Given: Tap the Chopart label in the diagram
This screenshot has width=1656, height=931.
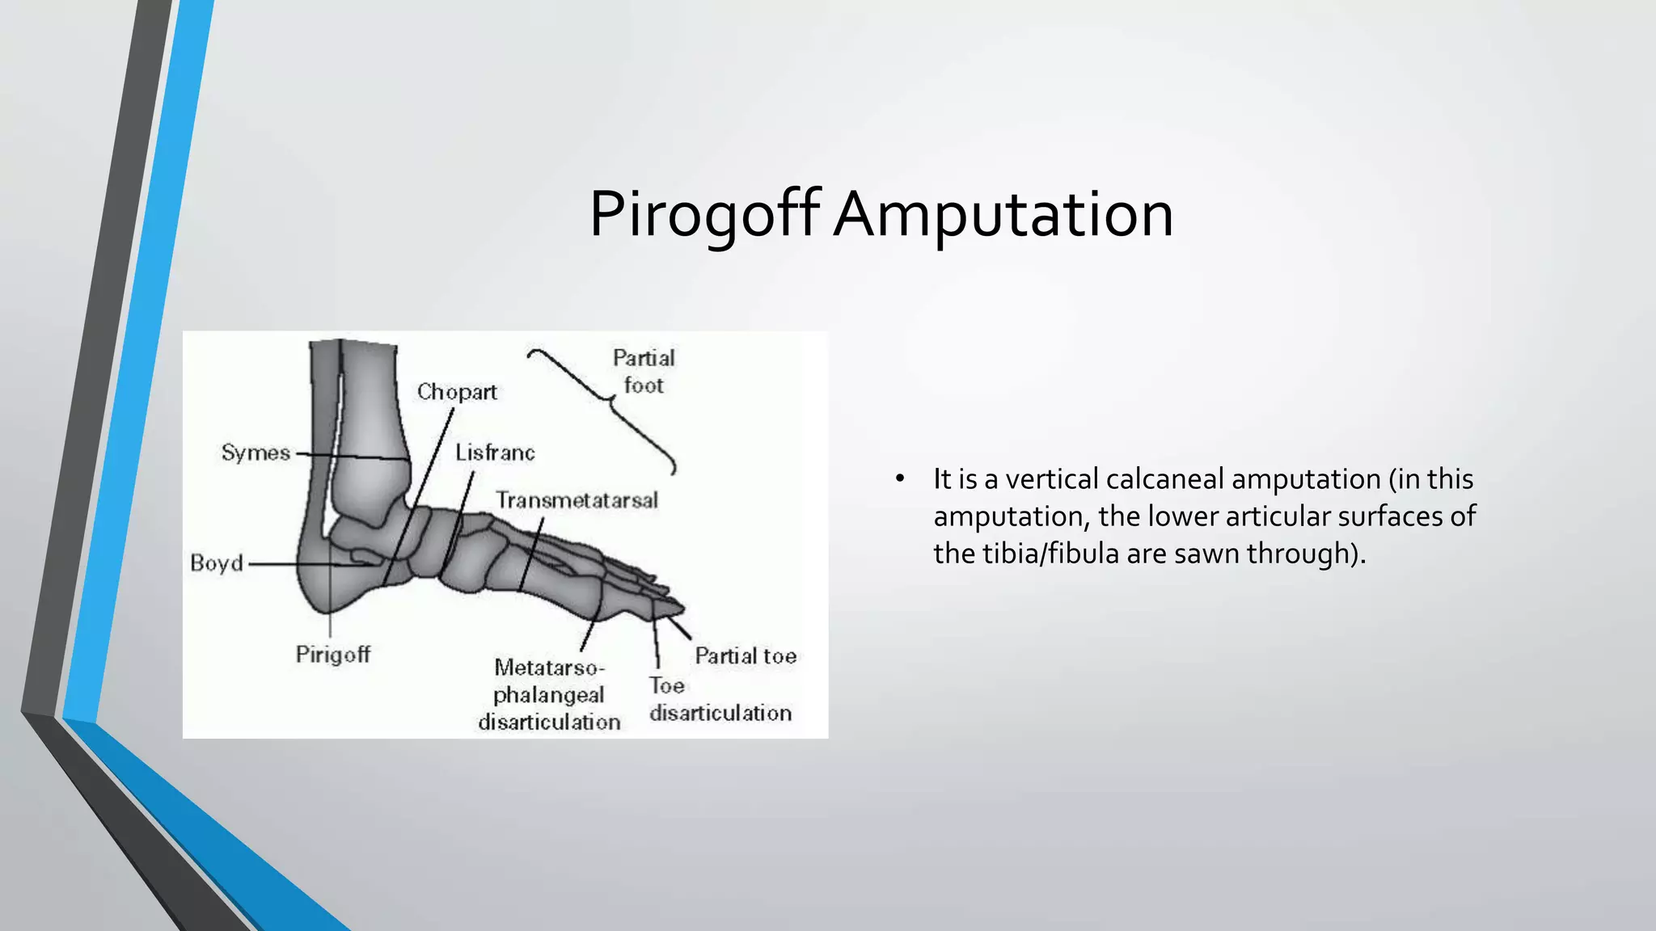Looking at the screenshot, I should tap(457, 392).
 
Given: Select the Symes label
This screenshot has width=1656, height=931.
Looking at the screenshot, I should tap(256, 453).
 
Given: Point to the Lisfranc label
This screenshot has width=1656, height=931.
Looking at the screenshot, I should tap(495, 453).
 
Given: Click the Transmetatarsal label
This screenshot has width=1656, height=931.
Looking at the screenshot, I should tap(577, 500).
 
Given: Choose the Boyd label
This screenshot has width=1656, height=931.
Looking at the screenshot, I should tap(217, 562).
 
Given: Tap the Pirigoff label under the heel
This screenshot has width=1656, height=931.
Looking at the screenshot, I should tap(332, 654).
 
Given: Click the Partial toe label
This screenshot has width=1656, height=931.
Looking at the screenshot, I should tap(746, 655).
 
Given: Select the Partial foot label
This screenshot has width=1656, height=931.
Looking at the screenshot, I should tap(644, 372).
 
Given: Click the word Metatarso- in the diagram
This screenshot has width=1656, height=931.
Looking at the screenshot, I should tap(549, 668).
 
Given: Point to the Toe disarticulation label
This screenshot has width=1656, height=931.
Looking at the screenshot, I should tap(720, 700).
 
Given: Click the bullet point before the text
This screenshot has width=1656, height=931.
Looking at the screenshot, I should tap(899, 479).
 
